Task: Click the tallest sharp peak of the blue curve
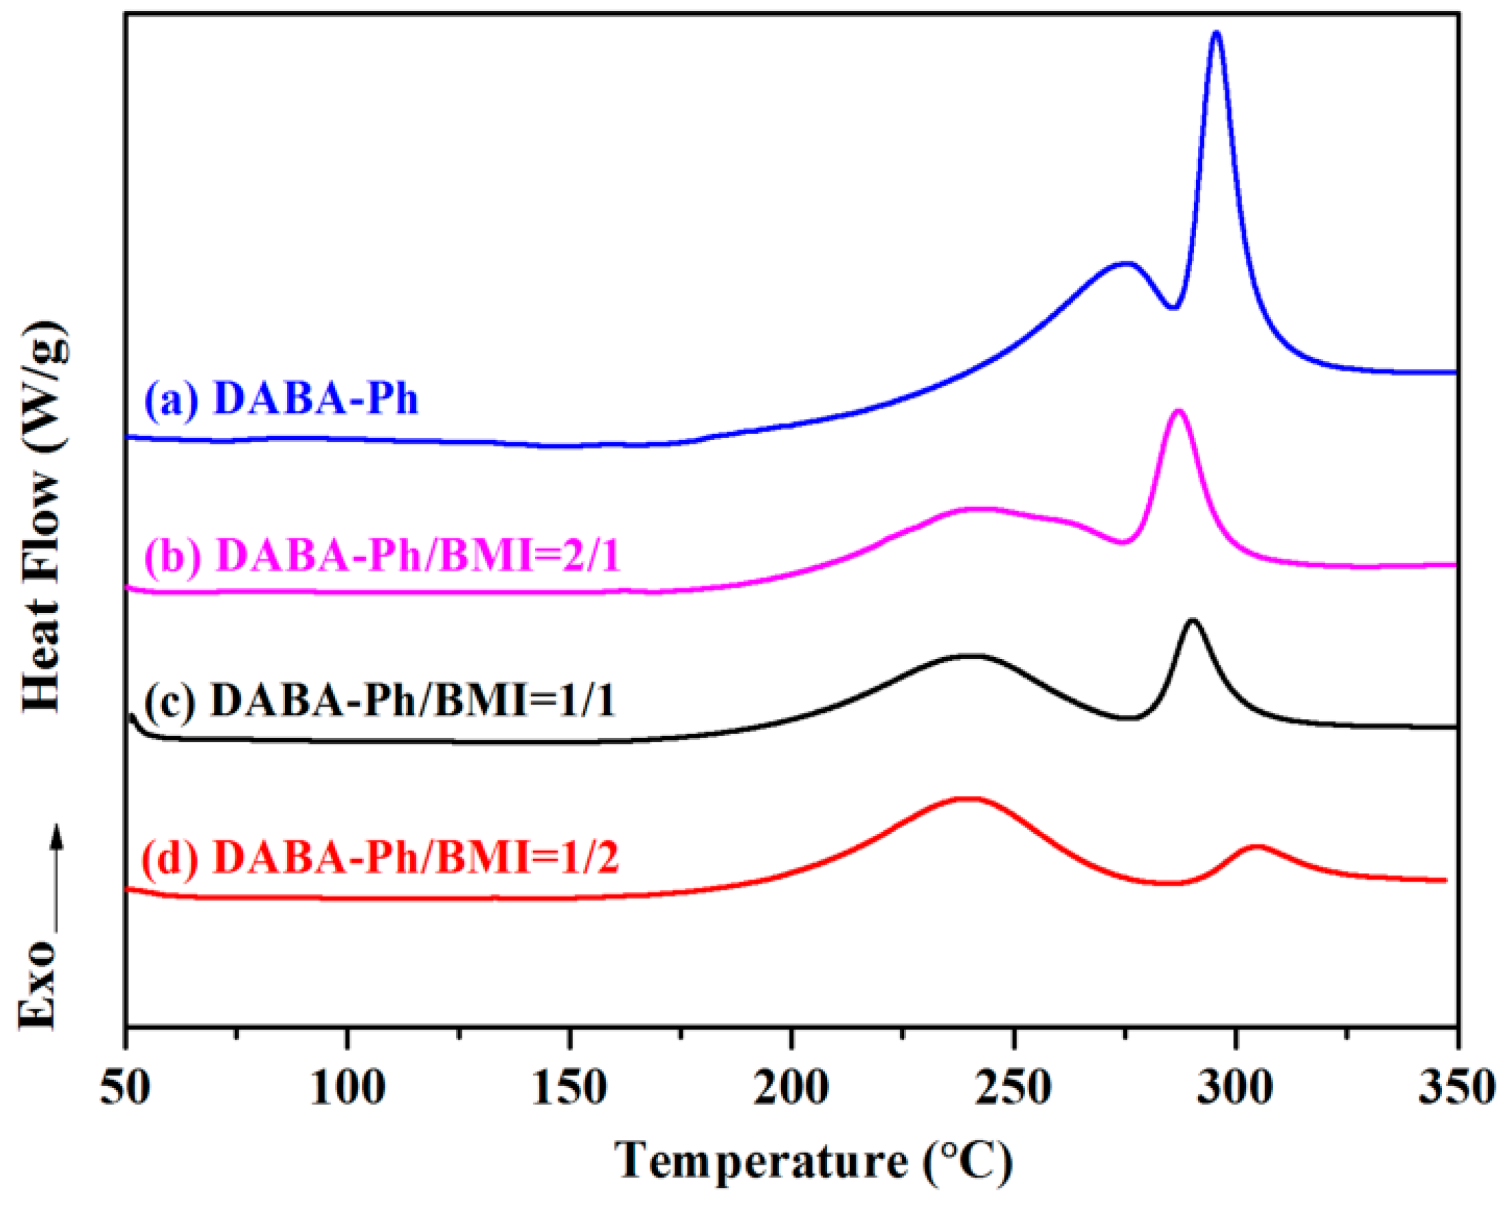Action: tap(1216, 33)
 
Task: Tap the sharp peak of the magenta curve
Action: tap(1178, 411)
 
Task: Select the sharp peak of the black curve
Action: tap(1192, 621)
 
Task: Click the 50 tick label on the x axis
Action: tap(126, 1089)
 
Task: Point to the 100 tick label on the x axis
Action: tap(348, 1089)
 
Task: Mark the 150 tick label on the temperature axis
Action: tap(570, 1089)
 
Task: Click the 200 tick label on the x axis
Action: tap(791, 1089)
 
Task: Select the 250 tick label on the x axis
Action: tap(1013, 1089)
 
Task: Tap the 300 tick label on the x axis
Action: tap(1236, 1089)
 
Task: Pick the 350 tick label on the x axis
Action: tap(1456, 1089)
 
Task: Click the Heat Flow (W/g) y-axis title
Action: tap(46, 519)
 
